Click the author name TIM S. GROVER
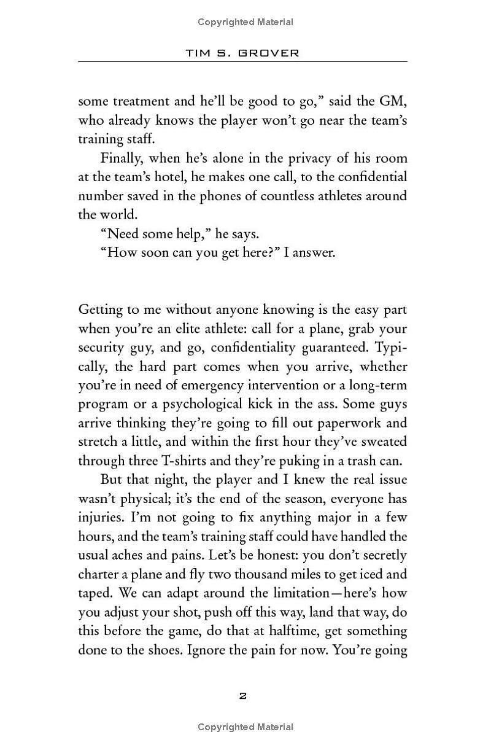242,53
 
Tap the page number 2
242,696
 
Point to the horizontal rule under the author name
242,61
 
